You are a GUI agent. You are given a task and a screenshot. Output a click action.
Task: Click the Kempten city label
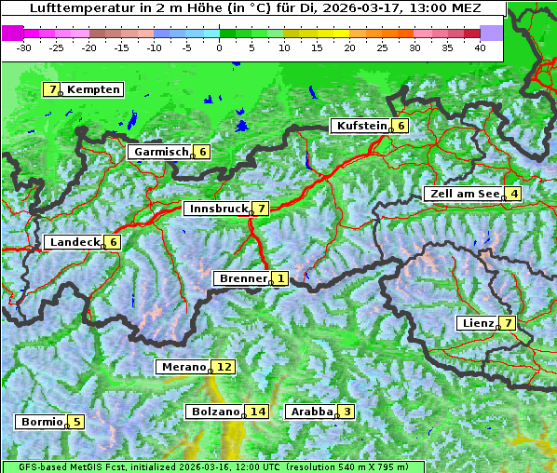(x=94, y=89)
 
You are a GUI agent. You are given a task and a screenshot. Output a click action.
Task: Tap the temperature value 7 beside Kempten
(x=54, y=89)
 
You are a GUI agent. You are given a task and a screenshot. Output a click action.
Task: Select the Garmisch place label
(x=161, y=152)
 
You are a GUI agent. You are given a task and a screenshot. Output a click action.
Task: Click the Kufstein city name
(x=360, y=126)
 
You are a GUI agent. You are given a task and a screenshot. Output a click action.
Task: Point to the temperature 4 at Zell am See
(x=513, y=194)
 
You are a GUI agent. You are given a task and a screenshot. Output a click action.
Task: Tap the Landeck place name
(x=75, y=242)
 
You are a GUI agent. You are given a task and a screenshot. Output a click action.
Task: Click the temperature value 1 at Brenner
(x=280, y=278)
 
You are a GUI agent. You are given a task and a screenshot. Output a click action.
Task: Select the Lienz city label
(x=478, y=323)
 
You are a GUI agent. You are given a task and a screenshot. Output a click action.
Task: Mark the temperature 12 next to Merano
(x=224, y=367)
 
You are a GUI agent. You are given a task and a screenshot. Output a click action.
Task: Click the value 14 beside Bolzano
(x=257, y=412)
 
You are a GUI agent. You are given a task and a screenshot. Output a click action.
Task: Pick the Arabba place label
(x=311, y=412)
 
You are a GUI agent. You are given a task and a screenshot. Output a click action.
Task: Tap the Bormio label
(x=42, y=422)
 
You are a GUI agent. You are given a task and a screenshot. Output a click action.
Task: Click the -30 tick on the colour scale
(x=24, y=47)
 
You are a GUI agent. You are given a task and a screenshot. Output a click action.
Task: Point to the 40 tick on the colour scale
(x=480, y=47)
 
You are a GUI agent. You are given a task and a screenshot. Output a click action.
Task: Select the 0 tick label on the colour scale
(x=220, y=47)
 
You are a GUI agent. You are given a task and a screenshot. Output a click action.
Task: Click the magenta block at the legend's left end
(x=13, y=32)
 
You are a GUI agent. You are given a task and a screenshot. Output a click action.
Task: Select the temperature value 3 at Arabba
(x=347, y=412)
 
